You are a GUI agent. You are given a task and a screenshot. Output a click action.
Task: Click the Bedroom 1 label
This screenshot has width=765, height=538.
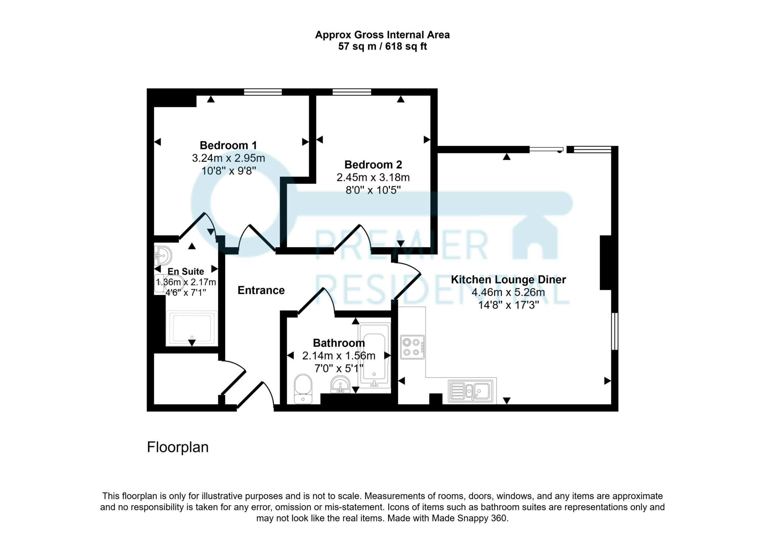click(x=228, y=145)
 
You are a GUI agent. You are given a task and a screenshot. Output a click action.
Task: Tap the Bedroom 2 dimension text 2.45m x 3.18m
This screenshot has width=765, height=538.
click(x=373, y=177)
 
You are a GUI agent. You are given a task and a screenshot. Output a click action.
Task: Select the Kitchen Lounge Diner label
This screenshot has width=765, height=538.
click(x=508, y=280)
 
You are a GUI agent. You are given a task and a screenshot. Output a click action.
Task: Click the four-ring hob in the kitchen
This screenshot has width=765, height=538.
click(x=412, y=347)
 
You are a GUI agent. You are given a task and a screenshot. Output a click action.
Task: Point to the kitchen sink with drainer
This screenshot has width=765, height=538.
click(x=473, y=391)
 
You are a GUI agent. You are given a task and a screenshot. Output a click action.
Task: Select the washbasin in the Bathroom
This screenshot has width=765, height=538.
click(x=340, y=385)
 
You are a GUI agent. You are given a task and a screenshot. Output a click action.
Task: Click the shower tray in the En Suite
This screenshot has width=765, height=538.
click(x=192, y=328)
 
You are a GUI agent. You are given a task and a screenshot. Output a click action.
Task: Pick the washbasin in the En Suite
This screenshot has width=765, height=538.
click(x=163, y=256)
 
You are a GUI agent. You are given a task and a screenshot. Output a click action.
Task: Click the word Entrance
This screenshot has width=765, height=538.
click(x=261, y=290)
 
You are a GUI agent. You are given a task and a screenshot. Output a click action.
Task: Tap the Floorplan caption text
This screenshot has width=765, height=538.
click(x=177, y=447)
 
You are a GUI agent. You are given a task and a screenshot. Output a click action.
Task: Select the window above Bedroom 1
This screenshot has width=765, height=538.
click(x=263, y=92)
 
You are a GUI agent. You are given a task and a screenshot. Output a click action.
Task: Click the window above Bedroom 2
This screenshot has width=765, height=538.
click(x=351, y=92)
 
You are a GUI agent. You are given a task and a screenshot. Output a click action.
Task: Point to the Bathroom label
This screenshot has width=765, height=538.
click(x=339, y=343)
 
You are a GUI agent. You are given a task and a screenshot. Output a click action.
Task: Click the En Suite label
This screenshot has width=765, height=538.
click(x=186, y=271)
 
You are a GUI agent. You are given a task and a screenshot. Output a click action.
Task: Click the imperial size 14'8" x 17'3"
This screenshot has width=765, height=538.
click(x=508, y=305)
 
